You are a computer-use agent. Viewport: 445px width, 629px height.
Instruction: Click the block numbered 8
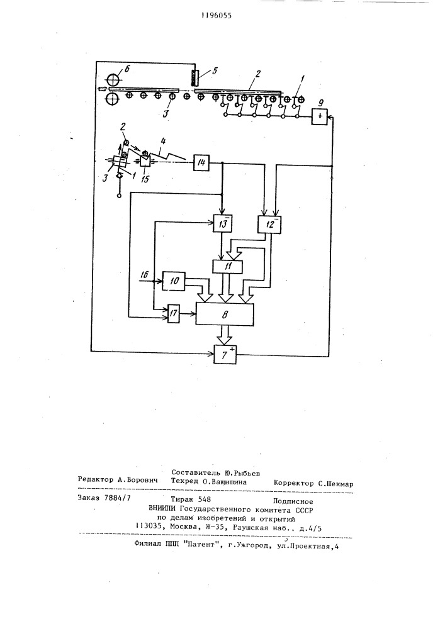pyautogui.click(x=225, y=314)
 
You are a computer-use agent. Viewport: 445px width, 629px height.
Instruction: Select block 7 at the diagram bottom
pyautogui.click(x=225, y=354)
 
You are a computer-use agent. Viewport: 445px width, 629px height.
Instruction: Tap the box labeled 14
pyautogui.click(x=201, y=162)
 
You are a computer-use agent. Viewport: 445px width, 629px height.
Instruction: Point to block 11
pyautogui.click(x=228, y=267)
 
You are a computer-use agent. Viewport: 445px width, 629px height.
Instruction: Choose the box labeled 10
pyautogui.click(x=174, y=281)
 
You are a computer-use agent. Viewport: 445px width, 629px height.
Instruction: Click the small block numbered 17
pyautogui.click(x=173, y=313)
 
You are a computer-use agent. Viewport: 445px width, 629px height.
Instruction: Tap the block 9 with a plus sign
pyautogui.click(x=319, y=116)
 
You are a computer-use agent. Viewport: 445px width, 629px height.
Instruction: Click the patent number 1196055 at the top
pyautogui.click(x=217, y=16)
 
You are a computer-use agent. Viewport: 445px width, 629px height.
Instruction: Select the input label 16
pyautogui.click(x=145, y=274)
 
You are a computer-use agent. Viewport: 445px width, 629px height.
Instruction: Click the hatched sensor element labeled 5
pyautogui.click(x=195, y=78)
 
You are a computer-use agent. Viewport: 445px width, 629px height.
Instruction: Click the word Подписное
pyautogui.click(x=293, y=501)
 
